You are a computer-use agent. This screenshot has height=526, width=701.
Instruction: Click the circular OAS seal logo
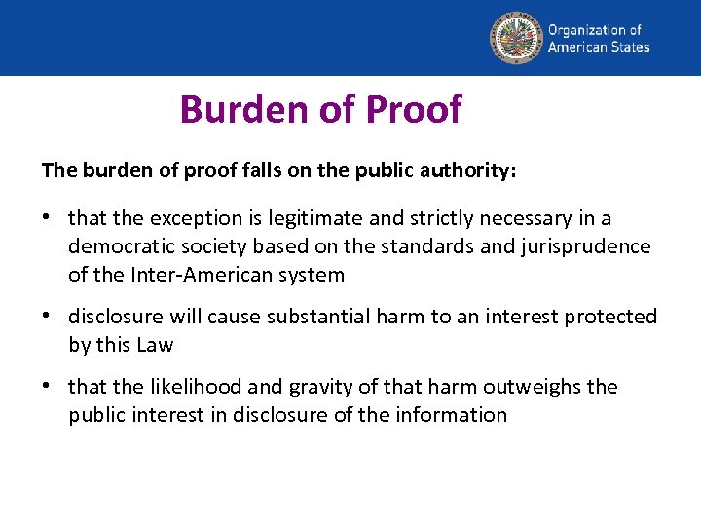(515, 38)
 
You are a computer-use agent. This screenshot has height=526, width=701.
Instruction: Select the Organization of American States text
(598, 38)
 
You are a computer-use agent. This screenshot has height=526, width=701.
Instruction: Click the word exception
(182, 218)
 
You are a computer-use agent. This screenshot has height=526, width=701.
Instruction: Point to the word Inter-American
(186, 275)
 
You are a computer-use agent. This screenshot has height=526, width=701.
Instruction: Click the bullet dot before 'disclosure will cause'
(48, 317)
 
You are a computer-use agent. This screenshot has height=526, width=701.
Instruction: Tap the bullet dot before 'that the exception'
(48, 218)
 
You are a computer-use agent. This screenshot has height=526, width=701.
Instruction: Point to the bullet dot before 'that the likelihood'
(48, 387)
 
